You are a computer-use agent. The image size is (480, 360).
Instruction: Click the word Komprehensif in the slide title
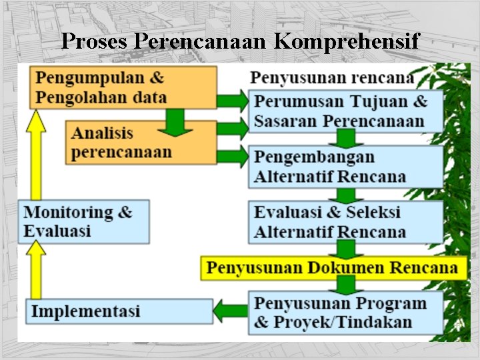[x=346, y=41]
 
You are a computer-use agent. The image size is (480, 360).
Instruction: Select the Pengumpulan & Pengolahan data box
[x=123, y=87]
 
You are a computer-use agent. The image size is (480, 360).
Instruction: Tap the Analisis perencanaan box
[x=143, y=143]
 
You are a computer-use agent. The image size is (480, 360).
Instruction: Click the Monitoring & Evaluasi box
[x=84, y=221]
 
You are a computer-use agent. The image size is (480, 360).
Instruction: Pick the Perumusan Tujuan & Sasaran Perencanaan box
[x=345, y=111]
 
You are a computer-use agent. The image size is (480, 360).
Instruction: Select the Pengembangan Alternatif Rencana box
[x=345, y=167]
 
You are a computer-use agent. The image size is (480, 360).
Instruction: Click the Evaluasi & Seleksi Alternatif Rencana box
[x=345, y=221]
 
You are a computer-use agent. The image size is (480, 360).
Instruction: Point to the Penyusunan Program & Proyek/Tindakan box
[x=345, y=313]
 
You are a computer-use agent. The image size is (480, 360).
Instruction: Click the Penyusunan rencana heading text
[x=331, y=77]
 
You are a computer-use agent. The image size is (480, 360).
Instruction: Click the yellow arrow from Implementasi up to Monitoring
[x=37, y=270]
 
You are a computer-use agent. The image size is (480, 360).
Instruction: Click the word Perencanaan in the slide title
[x=201, y=41]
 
